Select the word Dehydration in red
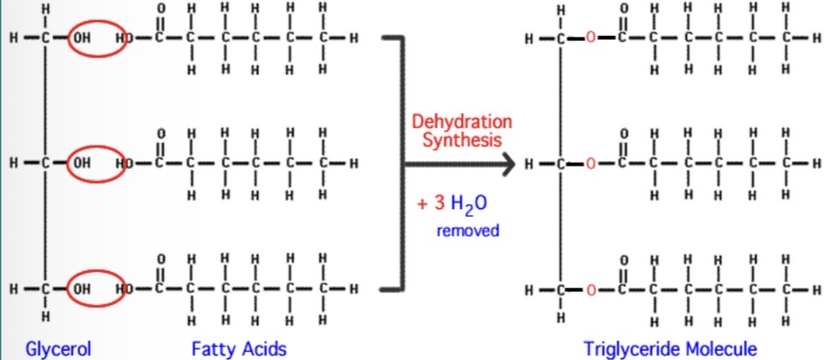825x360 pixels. (x=461, y=122)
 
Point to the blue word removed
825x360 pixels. (x=467, y=231)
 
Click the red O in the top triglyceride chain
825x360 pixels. (x=591, y=39)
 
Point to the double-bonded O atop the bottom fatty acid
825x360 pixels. (x=160, y=259)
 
